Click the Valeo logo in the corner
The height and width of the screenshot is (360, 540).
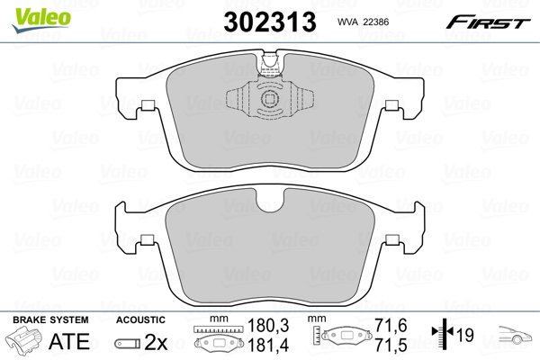coord(41,20)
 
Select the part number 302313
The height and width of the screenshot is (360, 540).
coord(270,22)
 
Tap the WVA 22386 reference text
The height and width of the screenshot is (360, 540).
coord(363,22)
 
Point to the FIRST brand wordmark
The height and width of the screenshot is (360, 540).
coord(488,22)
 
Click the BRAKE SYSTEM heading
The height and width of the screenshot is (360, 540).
coord(50,319)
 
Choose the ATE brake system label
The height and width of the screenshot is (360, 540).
coord(69,341)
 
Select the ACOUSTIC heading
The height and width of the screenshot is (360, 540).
coord(140,319)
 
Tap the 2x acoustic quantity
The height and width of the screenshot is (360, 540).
coord(156,342)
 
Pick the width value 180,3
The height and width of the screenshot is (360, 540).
coord(268,325)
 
